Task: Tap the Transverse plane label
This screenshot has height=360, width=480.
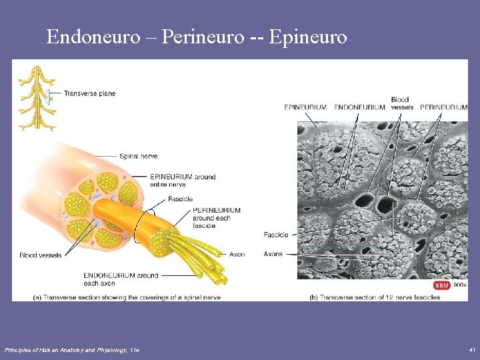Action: [x=89, y=93]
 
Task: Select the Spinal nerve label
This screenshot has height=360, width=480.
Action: [x=138, y=156]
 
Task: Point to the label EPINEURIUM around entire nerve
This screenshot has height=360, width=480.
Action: [x=173, y=181]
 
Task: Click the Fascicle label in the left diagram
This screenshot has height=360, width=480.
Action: [x=180, y=199]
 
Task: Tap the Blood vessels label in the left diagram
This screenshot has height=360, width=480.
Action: [x=41, y=255]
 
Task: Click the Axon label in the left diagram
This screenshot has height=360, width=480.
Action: [x=237, y=254]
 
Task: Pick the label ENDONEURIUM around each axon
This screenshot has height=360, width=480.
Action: [x=121, y=279]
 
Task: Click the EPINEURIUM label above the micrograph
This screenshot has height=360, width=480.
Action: [x=305, y=107]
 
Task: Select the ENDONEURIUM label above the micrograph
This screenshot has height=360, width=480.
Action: [x=359, y=107]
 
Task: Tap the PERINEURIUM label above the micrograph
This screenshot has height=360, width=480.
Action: [x=444, y=107]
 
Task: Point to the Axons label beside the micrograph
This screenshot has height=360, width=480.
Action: [x=273, y=253]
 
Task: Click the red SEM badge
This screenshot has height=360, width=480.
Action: [x=441, y=285]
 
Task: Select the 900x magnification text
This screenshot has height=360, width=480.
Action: [x=460, y=285]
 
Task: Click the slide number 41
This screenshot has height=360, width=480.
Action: [x=471, y=349]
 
